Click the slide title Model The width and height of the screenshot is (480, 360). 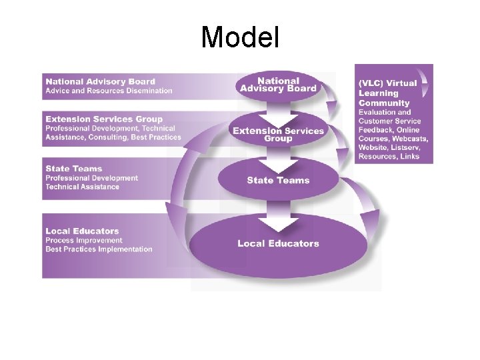click(x=240, y=37)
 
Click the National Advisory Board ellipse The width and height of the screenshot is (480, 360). click(x=278, y=85)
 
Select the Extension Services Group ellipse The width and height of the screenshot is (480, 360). click(x=278, y=134)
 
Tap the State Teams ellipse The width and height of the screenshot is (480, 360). click(x=278, y=180)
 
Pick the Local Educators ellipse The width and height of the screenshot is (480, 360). click(x=278, y=244)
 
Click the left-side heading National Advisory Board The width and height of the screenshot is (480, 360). click(x=100, y=82)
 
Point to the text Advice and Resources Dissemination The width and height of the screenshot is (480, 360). click(x=109, y=91)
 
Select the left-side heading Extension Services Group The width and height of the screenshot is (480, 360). click(x=104, y=119)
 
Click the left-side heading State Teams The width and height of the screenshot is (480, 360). click(x=74, y=169)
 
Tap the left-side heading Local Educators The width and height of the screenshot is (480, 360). click(x=82, y=231)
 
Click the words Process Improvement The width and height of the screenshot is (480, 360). click(x=84, y=240)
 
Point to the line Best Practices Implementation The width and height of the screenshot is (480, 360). click(x=99, y=249)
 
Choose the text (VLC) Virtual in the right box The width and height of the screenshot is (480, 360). click(x=387, y=83)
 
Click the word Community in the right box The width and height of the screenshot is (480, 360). click(x=384, y=103)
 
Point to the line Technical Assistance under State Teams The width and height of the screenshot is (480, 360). click(x=82, y=187)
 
